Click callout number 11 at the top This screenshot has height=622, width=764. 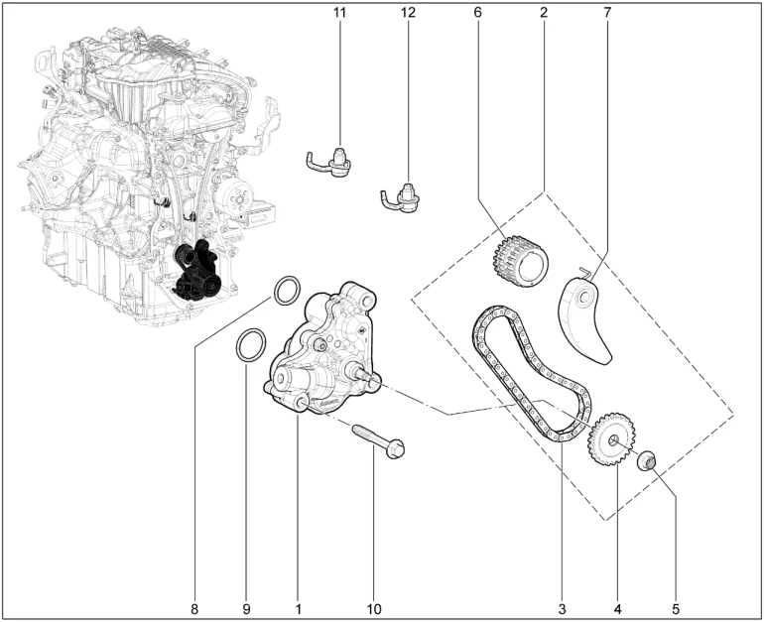pos(339,13)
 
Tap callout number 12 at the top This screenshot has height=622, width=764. pos(409,13)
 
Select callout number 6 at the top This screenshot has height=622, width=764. pos(477,13)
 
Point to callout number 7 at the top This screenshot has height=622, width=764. pos(607,13)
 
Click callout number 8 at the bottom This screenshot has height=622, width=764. pos(194,609)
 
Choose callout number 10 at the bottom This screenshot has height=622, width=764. pos(374,609)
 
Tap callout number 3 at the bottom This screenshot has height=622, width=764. pos(562,609)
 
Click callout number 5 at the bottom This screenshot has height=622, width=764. pos(676,609)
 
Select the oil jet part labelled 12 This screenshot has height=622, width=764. pos(402,198)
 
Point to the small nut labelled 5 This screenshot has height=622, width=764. pos(648,460)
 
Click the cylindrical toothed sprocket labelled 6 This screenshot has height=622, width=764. pos(520,263)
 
